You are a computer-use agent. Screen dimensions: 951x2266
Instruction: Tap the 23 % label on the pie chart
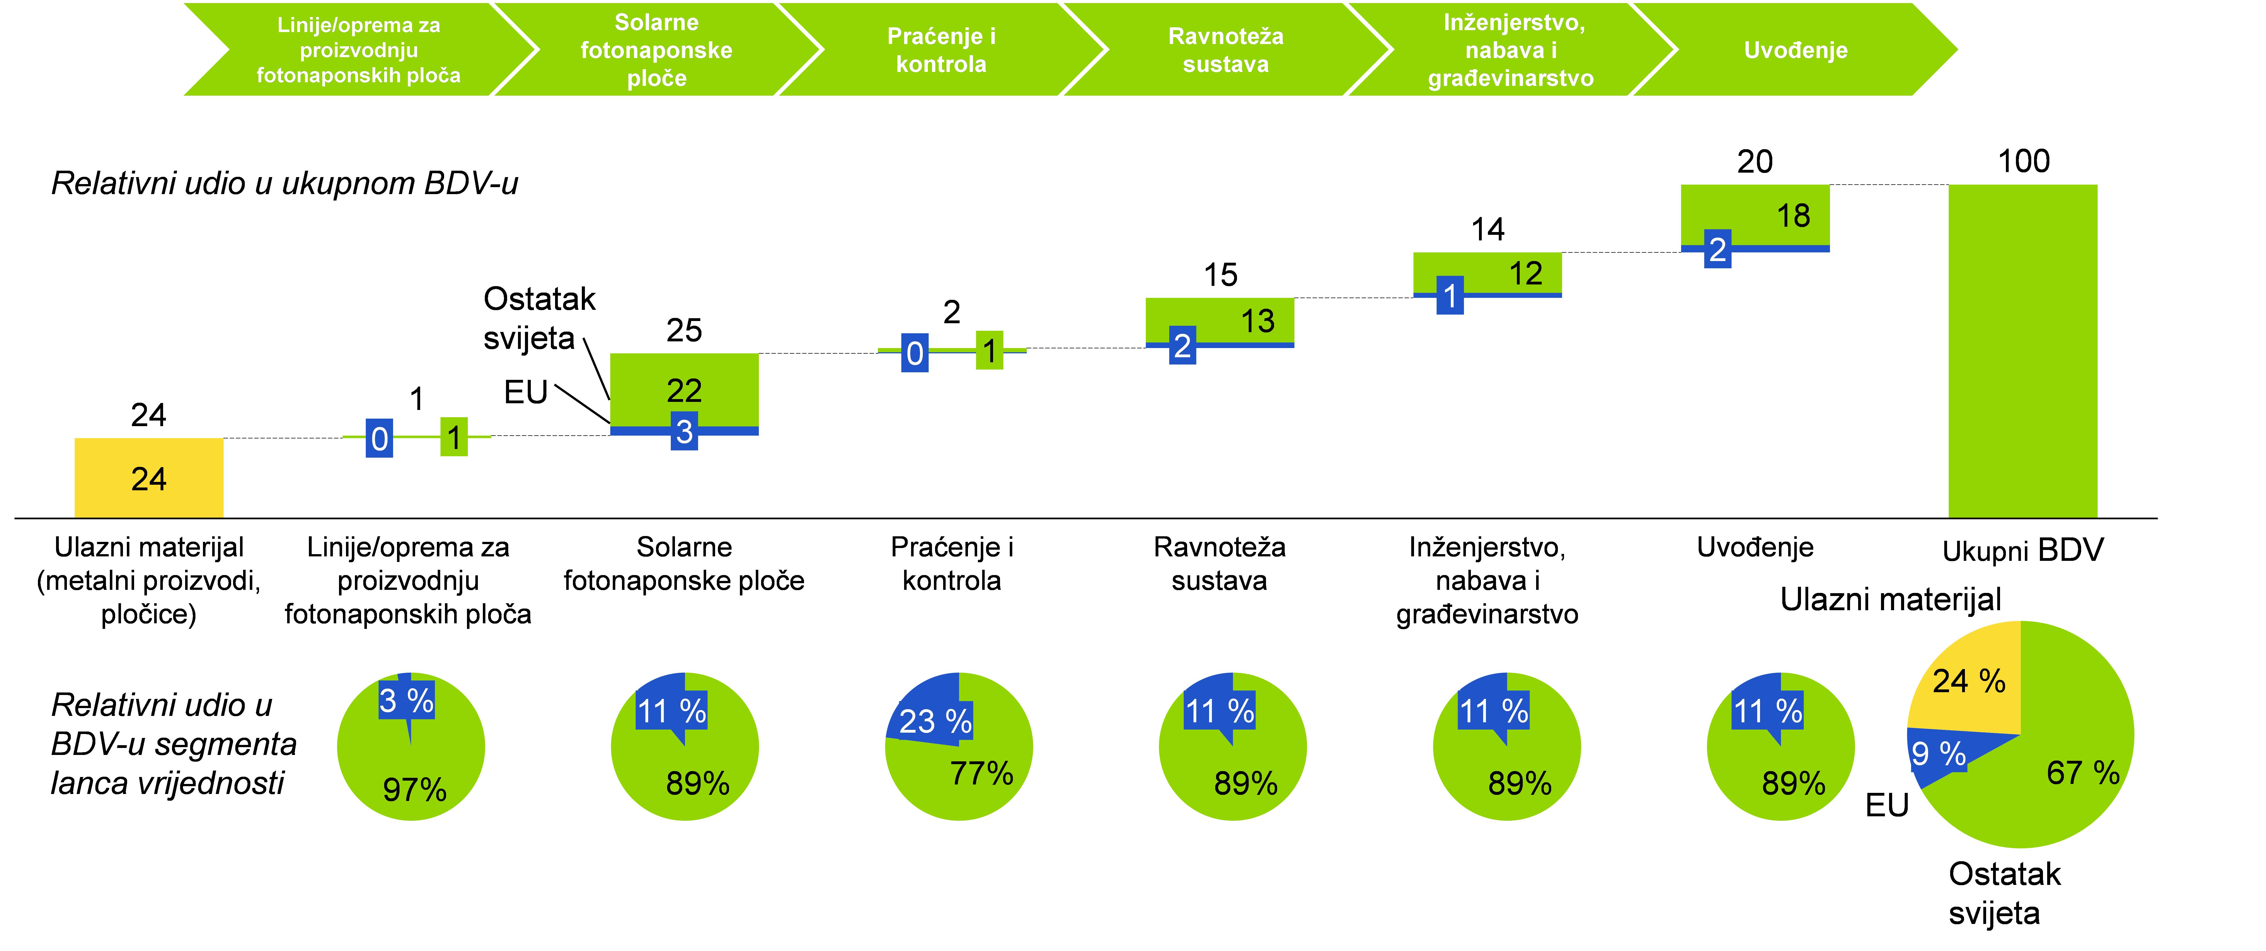click(x=935, y=721)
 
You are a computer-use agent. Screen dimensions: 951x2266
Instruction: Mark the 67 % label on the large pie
click(x=2082, y=773)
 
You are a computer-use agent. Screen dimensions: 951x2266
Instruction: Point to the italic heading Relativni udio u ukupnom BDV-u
click(x=284, y=183)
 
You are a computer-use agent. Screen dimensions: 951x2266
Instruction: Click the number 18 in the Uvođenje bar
click(x=1793, y=216)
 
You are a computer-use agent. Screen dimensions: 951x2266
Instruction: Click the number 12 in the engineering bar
click(x=1525, y=274)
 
